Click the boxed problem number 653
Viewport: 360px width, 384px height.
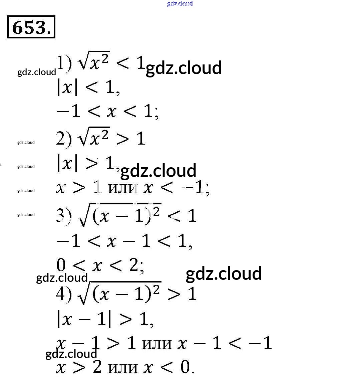pyautogui.click(x=31, y=27)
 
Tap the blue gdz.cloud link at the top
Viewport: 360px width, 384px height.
pyautogui.click(x=180, y=4)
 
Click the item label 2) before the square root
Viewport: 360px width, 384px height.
pyautogui.click(x=64, y=139)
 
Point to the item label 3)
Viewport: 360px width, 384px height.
pyautogui.click(x=64, y=216)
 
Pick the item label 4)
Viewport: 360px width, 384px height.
pyautogui.click(x=64, y=294)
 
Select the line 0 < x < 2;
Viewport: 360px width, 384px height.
pyautogui.click(x=100, y=266)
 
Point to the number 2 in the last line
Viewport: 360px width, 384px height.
pyautogui.click(x=97, y=367)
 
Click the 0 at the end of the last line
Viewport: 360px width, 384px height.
pyautogui.click(x=185, y=367)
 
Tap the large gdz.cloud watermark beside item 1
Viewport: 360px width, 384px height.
pyautogui.click(x=184, y=68)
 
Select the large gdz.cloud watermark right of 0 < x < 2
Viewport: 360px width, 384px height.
pyautogui.click(x=224, y=274)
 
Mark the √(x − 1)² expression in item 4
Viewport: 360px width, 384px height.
pyautogui.click(x=119, y=293)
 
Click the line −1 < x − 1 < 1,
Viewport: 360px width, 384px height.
pyautogui.click(x=124, y=241)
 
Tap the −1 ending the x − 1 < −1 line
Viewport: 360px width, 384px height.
pyautogui.click(x=260, y=343)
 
